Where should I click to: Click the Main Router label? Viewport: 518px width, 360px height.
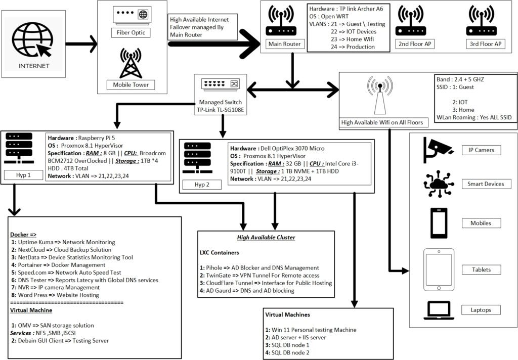(x=285, y=44)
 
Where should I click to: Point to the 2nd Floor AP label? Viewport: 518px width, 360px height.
(x=415, y=44)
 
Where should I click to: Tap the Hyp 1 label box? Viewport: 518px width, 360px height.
(x=24, y=175)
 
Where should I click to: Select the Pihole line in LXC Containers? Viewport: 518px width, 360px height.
(x=260, y=267)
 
